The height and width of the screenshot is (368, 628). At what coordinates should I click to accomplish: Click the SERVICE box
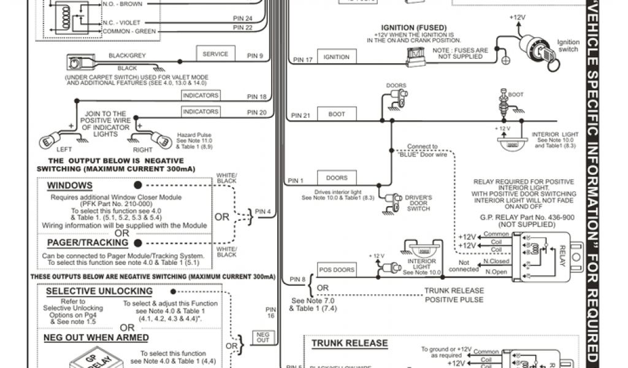click(x=215, y=54)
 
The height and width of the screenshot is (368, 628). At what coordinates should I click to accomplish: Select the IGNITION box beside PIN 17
click(x=336, y=57)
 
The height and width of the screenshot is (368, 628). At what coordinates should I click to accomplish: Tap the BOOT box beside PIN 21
click(x=337, y=114)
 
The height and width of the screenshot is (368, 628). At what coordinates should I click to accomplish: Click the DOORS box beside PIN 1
click(x=337, y=178)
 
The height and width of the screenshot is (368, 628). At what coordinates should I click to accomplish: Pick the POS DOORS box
click(x=337, y=270)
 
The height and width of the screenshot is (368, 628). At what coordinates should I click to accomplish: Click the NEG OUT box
click(x=263, y=337)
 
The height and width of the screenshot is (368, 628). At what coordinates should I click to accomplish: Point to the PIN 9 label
click(x=255, y=56)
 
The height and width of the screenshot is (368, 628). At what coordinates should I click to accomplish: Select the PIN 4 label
click(x=264, y=212)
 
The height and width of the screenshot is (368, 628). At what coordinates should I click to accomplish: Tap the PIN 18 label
click(x=256, y=97)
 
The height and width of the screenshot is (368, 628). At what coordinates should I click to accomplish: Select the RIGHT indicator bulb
click(x=162, y=140)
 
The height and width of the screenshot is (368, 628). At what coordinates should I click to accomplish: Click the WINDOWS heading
click(x=70, y=185)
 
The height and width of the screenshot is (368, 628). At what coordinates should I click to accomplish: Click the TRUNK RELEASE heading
click(x=350, y=343)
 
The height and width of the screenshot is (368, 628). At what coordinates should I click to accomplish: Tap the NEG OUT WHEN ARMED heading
click(x=96, y=337)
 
